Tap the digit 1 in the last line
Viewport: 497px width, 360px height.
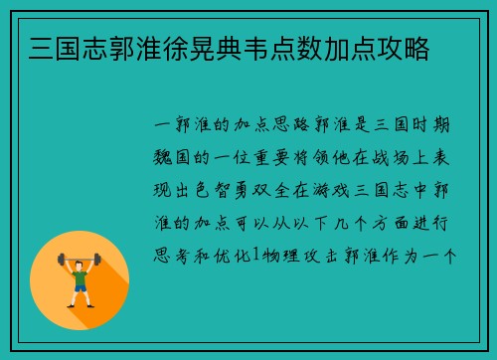[x=254, y=256]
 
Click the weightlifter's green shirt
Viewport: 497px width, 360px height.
[x=80, y=271]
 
